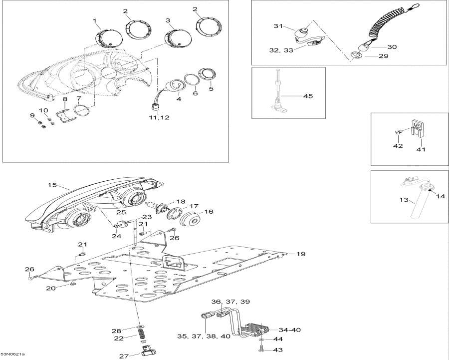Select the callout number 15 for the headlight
coord(52,185)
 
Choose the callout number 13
coord(404,201)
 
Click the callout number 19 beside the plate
coord(300,254)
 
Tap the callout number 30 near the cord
coord(392,47)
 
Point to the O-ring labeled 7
coord(83,110)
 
